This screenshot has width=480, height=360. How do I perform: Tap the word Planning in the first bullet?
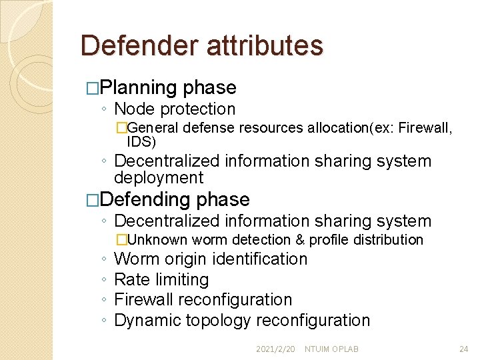tap(140, 88)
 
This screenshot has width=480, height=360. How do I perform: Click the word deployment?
tap(159, 178)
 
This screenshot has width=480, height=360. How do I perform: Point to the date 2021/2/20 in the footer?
tap(275, 349)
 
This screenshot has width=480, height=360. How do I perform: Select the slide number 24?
tap(464, 349)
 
